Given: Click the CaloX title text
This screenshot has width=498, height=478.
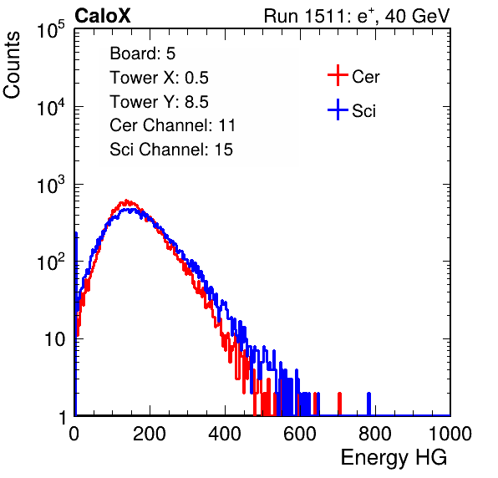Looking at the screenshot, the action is pyautogui.click(x=103, y=16).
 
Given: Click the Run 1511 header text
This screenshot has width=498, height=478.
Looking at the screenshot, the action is pyautogui.click(x=357, y=16).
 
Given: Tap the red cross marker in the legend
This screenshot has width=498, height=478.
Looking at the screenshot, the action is pyautogui.click(x=338, y=75).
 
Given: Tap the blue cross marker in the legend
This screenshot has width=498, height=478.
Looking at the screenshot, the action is pyautogui.click(x=338, y=109).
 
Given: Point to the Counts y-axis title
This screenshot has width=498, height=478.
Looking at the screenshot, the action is pyautogui.click(x=12, y=65).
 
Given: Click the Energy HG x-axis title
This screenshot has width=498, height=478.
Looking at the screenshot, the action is pyautogui.click(x=394, y=458).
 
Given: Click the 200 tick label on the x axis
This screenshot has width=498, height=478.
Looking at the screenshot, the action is pyautogui.click(x=150, y=434).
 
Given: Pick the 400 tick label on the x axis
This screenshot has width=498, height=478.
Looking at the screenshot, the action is pyautogui.click(x=225, y=434).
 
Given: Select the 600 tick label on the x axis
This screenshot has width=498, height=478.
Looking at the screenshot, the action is pyautogui.click(x=300, y=434).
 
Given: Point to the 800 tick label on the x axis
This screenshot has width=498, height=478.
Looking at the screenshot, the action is pyautogui.click(x=375, y=434).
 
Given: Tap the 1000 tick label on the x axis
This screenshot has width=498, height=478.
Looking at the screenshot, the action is pyautogui.click(x=450, y=434).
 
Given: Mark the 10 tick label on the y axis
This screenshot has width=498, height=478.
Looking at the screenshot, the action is pyautogui.click(x=55, y=339).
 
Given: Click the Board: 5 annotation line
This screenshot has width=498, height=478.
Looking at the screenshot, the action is pyautogui.click(x=143, y=53).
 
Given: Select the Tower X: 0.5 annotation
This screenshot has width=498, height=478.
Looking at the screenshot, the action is pyautogui.click(x=159, y=78).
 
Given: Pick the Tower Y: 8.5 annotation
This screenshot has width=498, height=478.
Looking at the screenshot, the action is pyautogui.click(x=159, y=102).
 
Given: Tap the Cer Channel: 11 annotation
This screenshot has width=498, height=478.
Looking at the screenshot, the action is pyautogui.click(x=173, y=125).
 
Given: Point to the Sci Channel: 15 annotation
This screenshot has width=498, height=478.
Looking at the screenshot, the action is pyautogui.click(x=171, y=150).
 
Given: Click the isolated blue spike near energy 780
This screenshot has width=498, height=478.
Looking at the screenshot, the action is pyautogui.click(x=368, y=404).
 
